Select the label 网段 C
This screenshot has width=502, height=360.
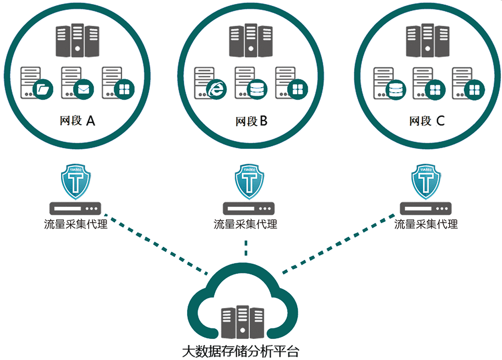[x=426, y=121]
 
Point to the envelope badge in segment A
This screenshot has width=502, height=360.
[x=83, y=89]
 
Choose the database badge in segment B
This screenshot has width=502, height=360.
[x=257, y=89]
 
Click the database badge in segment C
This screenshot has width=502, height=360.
[x=396, y=90]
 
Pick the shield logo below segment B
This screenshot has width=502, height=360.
[x=249, y=181]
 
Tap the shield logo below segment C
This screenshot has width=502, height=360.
[x=426, y=181]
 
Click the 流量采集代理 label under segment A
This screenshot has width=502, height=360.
[x=75, y=224]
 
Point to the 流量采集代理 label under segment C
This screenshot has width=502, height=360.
[x=426, y=224]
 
